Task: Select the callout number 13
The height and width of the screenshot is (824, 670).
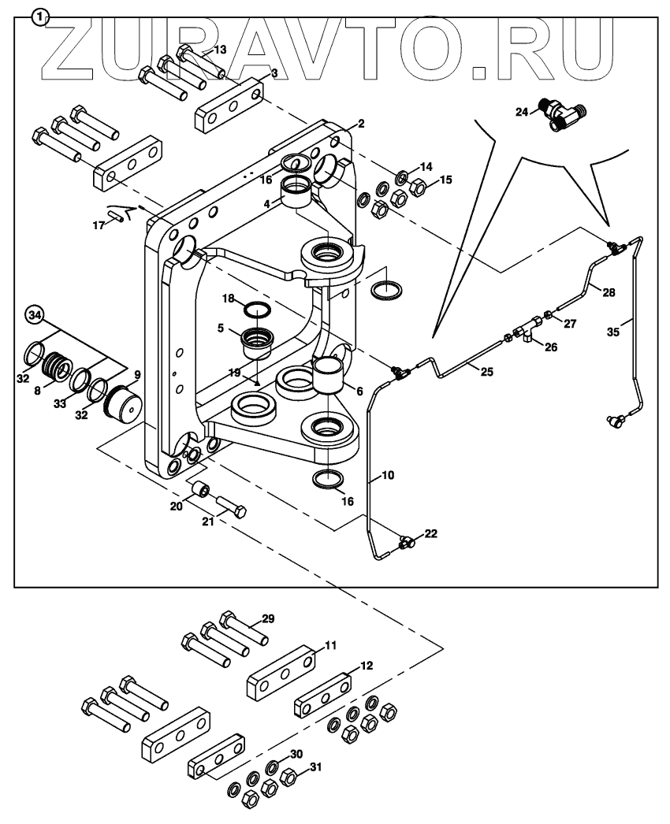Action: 219,50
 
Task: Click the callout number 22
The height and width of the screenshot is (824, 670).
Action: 431,534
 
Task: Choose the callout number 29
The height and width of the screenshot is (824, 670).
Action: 268,619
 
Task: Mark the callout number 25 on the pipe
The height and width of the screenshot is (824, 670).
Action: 487,371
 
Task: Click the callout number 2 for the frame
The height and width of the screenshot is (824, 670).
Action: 360,124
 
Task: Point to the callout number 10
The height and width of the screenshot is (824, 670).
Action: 388,476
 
